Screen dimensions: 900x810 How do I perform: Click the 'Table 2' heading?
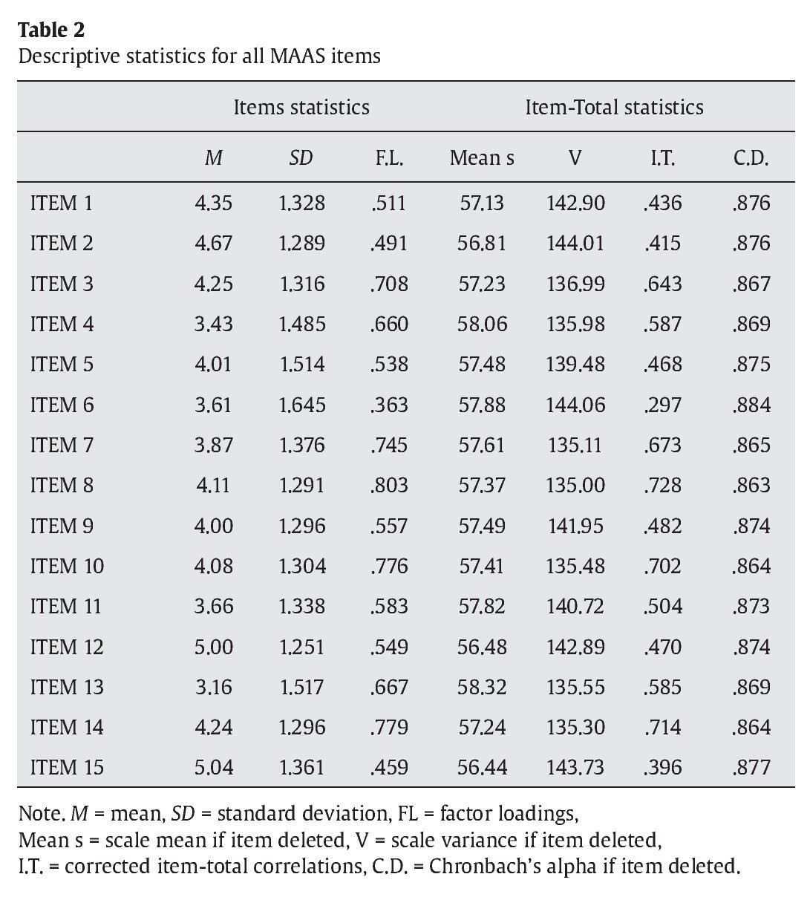pos(51,30)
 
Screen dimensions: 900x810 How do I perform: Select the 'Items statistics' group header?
pos(301,107)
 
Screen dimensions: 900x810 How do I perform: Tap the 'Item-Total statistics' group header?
pos(613,107)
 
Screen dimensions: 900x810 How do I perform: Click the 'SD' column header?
pos(301,157)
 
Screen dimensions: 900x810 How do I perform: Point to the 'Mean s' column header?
pos(481,157)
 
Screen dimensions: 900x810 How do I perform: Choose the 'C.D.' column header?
pos(750,157)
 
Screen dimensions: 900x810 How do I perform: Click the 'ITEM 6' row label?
pos(62,405)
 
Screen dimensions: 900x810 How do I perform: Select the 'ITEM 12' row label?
pos(67,647)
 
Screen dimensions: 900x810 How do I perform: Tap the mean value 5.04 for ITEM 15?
pos(213,767)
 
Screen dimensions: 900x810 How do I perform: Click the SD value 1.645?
pos(301,405)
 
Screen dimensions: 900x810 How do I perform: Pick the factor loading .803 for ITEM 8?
pos(389,486)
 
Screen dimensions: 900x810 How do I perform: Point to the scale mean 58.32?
pos(482,687)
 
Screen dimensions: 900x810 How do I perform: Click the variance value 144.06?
pos(575,405)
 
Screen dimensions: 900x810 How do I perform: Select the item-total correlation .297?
pos(662,405)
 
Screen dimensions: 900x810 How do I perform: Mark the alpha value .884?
pos(751,405)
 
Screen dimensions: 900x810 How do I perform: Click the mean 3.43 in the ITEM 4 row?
pos(213,325)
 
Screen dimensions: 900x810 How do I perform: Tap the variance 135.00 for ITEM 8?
pos(575,486)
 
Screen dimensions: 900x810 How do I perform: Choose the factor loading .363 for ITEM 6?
pos(389,405)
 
